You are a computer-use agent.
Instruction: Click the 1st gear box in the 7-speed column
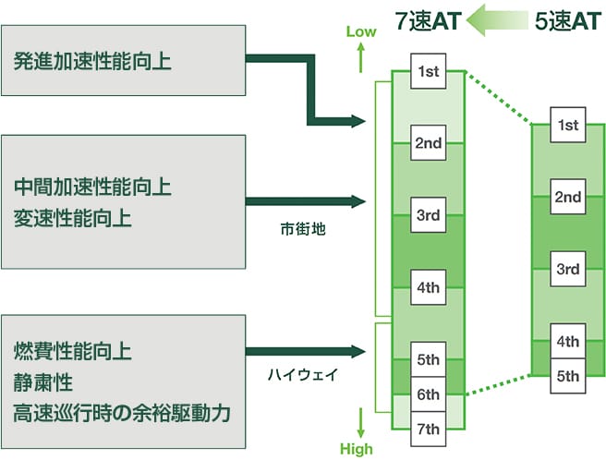pos(428,71)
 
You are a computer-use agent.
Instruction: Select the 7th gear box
pos(428,428)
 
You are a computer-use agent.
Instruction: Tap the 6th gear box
pos(428,393)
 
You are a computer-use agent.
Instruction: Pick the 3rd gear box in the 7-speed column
pos(428,215)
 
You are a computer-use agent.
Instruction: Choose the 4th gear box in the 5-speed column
pos(567,342)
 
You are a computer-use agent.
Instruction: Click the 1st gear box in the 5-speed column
pos(567,125)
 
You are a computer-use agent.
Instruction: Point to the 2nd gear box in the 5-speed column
pos(567,197)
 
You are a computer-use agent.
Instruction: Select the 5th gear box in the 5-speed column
pos(567,375)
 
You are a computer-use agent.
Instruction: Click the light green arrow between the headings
pos(497,20)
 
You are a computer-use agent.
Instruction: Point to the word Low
pos(361,31)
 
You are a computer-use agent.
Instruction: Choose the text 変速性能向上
pos(73,219)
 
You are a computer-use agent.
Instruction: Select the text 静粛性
pos(43,381)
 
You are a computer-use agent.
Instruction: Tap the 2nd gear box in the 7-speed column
pos(428,143)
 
